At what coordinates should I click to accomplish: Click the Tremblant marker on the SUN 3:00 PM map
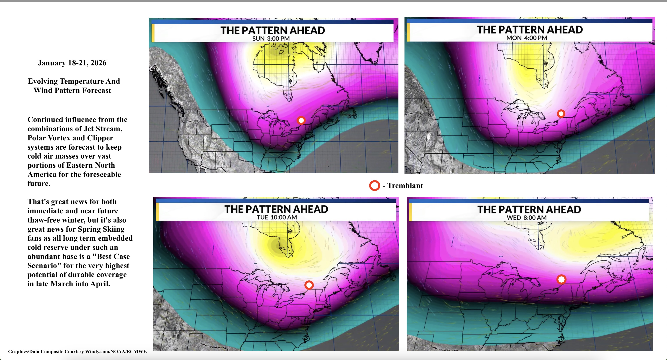[301, 121]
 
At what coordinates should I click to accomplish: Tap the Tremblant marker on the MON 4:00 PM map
[561, 114]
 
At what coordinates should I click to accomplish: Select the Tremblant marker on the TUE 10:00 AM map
[309, 285]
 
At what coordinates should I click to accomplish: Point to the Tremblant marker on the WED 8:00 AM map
[561, 279]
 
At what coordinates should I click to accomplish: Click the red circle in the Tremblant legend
[374, 186]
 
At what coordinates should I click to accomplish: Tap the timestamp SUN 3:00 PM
[271, 39]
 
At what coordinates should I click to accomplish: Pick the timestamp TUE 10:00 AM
[277, 217]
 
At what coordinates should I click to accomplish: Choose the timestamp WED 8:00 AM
[526, 218]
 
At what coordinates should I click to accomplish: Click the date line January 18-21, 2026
[72, 63]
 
